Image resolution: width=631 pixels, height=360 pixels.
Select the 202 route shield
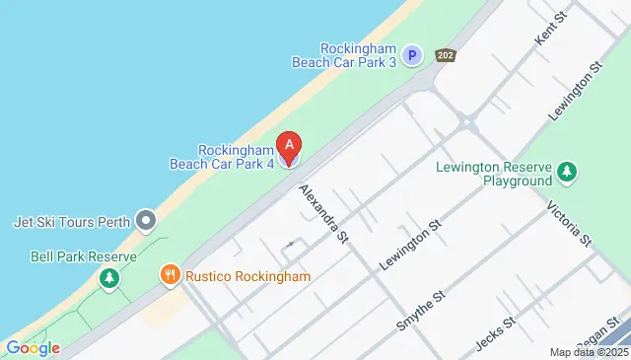click(445, 56)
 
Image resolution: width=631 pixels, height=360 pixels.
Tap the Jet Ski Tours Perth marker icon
click(147, 219)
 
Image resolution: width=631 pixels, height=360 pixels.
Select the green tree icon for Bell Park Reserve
click(107, 279)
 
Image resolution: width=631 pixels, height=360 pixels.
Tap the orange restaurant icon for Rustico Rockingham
click(171, 276)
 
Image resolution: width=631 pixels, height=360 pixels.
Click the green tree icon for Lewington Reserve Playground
click(567, 174)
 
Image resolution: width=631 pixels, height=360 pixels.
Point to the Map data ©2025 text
click(588, 352)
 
